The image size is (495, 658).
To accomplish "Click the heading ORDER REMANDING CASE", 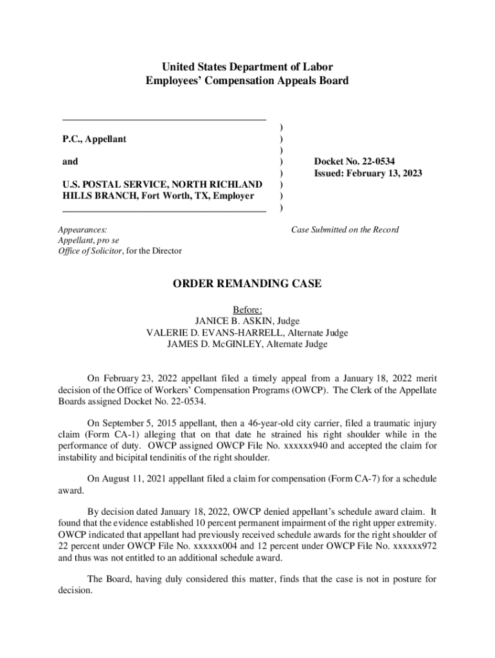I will coord(248,284).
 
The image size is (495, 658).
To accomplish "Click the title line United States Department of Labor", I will coord(248,67).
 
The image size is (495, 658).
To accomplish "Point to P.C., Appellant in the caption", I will coord(94,139).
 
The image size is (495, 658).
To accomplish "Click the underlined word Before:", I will coord(248,310).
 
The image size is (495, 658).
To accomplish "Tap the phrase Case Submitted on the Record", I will coord(345,229).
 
